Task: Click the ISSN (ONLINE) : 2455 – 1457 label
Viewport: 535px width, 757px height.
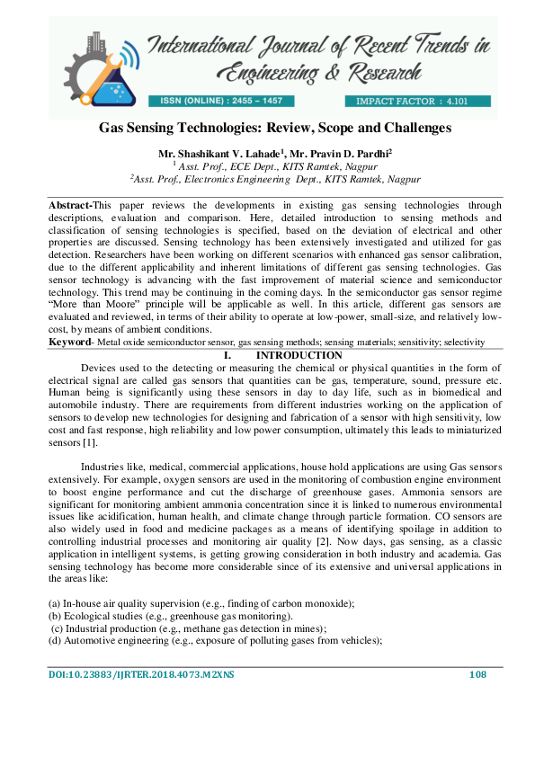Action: tap(220, 101)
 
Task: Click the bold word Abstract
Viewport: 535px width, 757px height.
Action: tap(69, 206)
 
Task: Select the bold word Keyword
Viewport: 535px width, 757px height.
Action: tap(69, 343)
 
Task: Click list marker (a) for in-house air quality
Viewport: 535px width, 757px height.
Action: tap(55, 602)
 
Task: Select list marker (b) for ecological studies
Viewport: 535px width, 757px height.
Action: tap(55, 616)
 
